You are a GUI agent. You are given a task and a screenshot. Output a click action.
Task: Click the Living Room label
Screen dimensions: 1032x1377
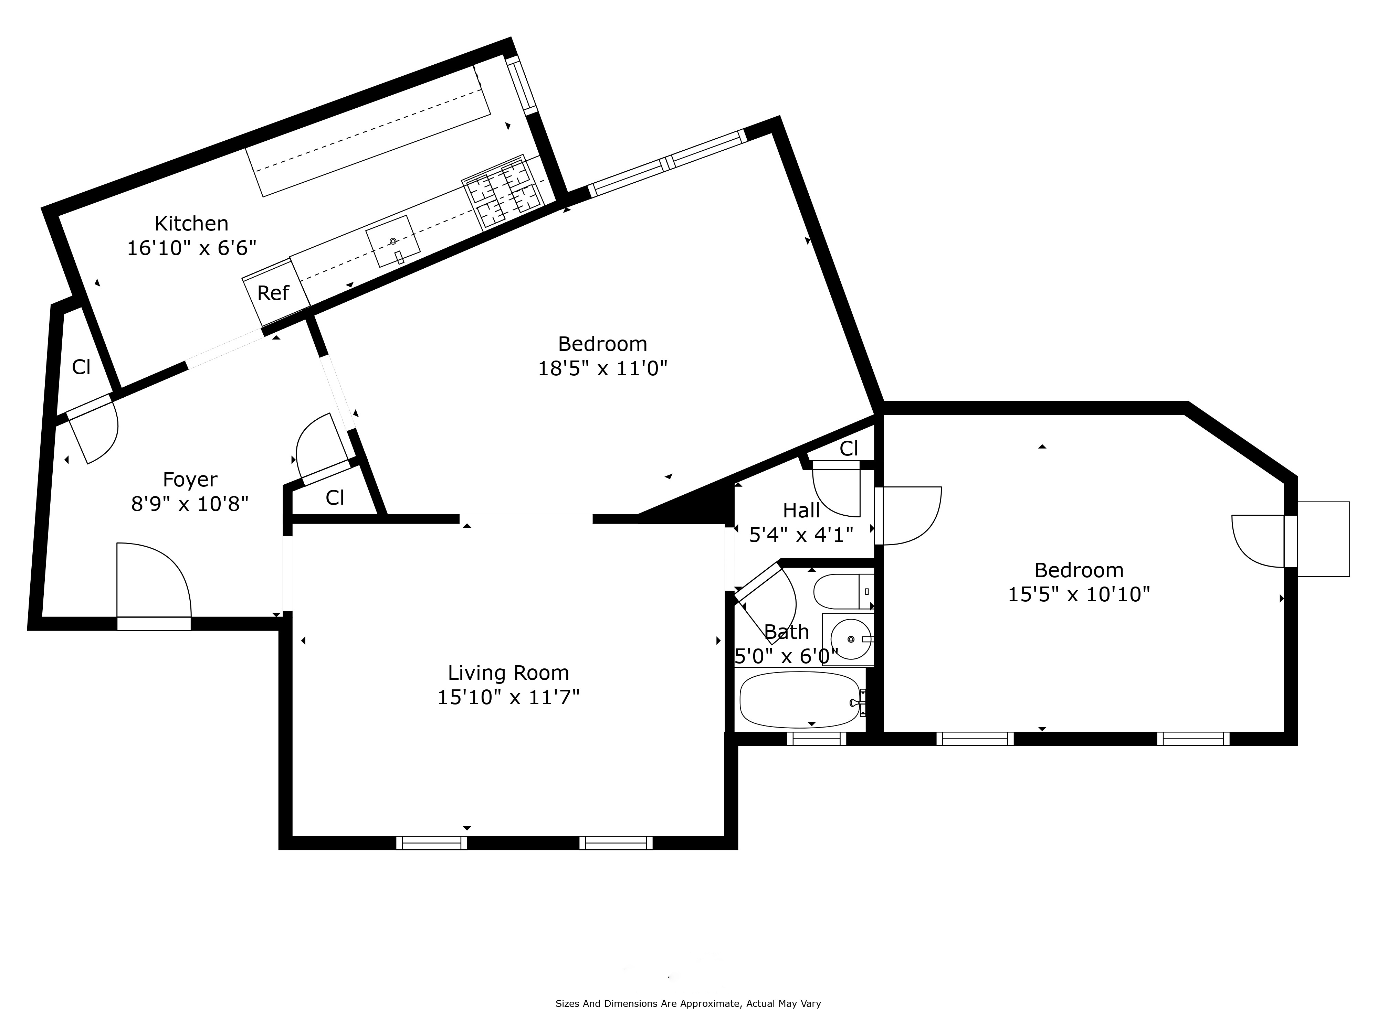click(508, 673)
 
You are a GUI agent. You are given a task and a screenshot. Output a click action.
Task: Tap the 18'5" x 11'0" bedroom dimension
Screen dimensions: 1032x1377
click(602, 369)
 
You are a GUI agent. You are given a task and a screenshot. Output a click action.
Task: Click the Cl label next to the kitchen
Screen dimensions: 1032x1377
click(82, 367)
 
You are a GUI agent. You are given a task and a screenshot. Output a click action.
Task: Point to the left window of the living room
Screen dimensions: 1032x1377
click(431, 843)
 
